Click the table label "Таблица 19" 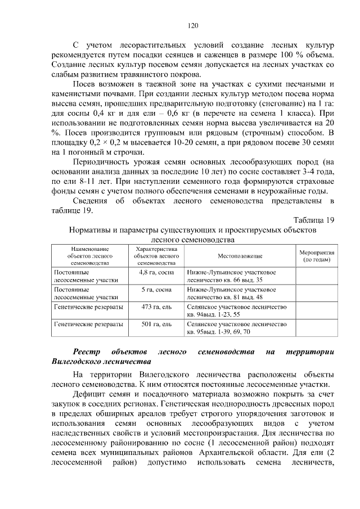(314, 220)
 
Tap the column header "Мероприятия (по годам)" (316, 256)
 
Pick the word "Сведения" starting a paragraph (93, 201)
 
